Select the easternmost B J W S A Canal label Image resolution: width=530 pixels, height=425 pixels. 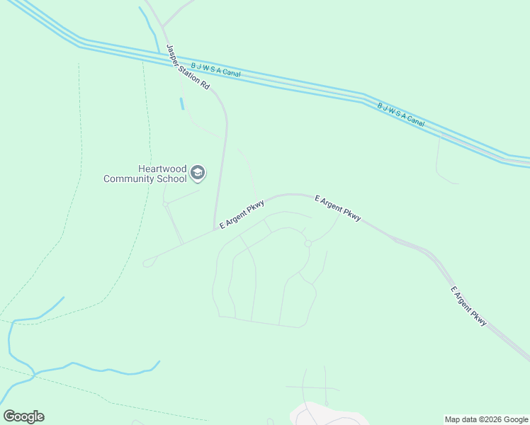point(401,115)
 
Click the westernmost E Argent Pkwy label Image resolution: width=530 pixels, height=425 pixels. point(242,215)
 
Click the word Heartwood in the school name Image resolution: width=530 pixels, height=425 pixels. point(162,169)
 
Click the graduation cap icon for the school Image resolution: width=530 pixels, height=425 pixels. point(198,173)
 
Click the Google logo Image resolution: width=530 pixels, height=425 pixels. point(23,416)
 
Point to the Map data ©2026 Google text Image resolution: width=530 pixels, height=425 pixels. point(487,419)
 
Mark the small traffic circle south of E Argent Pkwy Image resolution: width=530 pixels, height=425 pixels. point(308,244)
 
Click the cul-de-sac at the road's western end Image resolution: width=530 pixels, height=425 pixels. point(147,263)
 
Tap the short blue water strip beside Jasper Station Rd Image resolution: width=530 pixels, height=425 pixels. point(182,103)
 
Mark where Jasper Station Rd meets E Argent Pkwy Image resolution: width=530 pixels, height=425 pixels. point(215,229)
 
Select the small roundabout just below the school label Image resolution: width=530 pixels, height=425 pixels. point(165,204)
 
